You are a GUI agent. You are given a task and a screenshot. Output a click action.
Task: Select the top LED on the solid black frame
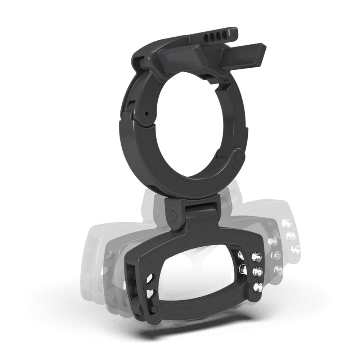pyautogui.click(x=257, y=256)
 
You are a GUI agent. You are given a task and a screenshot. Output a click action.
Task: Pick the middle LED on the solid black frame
pyautogui.click(x=257, y=271)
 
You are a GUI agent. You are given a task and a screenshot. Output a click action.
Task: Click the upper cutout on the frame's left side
pyautogui.click(x=150, y=280)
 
